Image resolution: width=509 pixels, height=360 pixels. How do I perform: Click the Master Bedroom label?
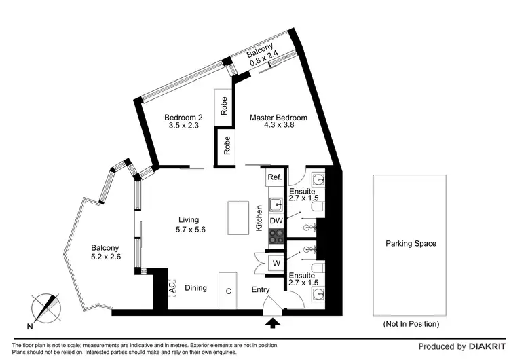tap(278, 118)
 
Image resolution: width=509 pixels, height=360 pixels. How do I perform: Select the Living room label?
tap(189, 219)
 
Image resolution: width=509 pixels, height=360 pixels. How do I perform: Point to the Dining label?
tap(195, 288)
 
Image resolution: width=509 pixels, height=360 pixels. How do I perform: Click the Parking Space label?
tap(411, 243)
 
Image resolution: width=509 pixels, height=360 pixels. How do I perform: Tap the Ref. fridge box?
tap(274, 178)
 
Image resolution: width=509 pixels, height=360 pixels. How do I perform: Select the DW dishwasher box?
tap(276, 221)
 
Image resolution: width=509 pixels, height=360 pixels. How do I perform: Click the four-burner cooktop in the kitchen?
tap(276, 236)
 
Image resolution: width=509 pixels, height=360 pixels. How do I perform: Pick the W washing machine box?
tap(276, 263)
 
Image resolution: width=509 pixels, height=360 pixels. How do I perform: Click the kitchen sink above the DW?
tap(276, 204)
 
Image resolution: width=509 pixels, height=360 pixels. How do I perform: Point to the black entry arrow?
tap(273, 323)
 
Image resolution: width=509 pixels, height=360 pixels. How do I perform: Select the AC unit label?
tap(171, 288)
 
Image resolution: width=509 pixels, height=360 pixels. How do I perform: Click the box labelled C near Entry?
tap(229, 290)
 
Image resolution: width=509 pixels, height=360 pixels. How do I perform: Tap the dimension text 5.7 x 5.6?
tap(191, 230)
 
